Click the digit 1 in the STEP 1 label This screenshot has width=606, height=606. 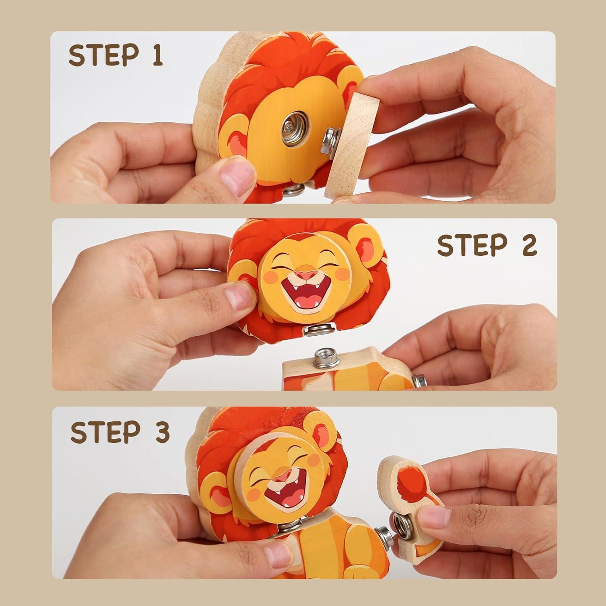[x=157, y=55]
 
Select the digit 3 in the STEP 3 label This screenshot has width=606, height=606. [x=162, y=432]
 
